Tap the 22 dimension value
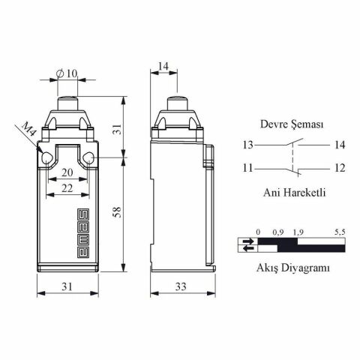pos(67,188)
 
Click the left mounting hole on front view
pos(46,158)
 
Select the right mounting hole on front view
pos(88,158)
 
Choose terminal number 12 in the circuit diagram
pos(339,168)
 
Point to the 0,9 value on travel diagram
pos(278,232)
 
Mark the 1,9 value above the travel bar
pos(298,232)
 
